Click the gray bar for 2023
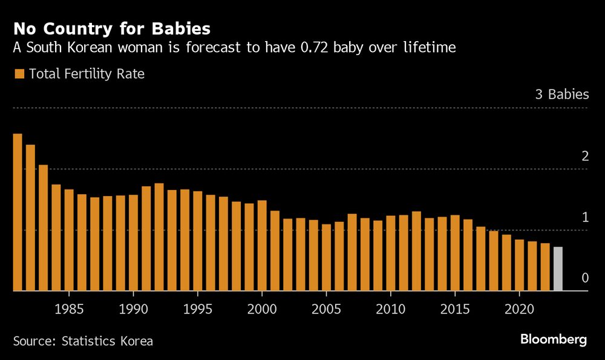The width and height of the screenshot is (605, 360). point(558,269)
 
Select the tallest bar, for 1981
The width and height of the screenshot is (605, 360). point(18,212)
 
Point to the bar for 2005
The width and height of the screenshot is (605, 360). point(326,258)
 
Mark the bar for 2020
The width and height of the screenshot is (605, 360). point(519,266)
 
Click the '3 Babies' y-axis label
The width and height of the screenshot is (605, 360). point(561,94)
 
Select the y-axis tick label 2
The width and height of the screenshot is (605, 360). point(584,155)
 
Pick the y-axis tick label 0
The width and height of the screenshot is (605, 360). point(584,278)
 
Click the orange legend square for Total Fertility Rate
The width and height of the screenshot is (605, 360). point(19,74)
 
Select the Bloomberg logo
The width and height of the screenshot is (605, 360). point(554,339)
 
